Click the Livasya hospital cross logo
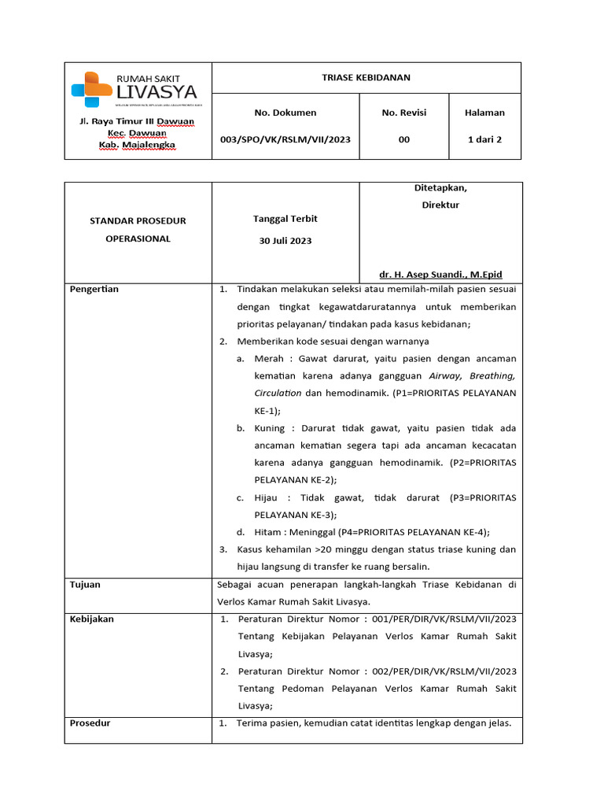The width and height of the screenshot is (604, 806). coord(91,88)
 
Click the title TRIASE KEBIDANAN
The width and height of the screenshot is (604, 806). coord(366,77)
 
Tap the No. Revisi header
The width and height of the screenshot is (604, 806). coord(403,113)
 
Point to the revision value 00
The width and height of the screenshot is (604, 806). coord(403,139)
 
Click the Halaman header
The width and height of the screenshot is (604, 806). coord(484,113)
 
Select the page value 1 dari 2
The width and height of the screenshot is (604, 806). coord(484,139)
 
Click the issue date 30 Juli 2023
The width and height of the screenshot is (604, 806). coord(285,241)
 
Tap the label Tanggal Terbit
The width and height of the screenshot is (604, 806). coord(285,218)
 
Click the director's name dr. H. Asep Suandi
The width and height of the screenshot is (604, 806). coord(440,275)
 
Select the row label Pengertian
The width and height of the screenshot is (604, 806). coord(94,289)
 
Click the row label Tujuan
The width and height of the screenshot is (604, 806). coord(85,585)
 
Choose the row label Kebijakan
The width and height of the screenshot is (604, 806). coord(92,619)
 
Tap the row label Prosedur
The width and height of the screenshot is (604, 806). coord(90,723)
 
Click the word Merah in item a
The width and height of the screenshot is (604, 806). coord(268,359)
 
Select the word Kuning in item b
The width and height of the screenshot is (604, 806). coord(270,428)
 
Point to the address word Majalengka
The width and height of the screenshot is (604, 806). coord(148,145)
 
